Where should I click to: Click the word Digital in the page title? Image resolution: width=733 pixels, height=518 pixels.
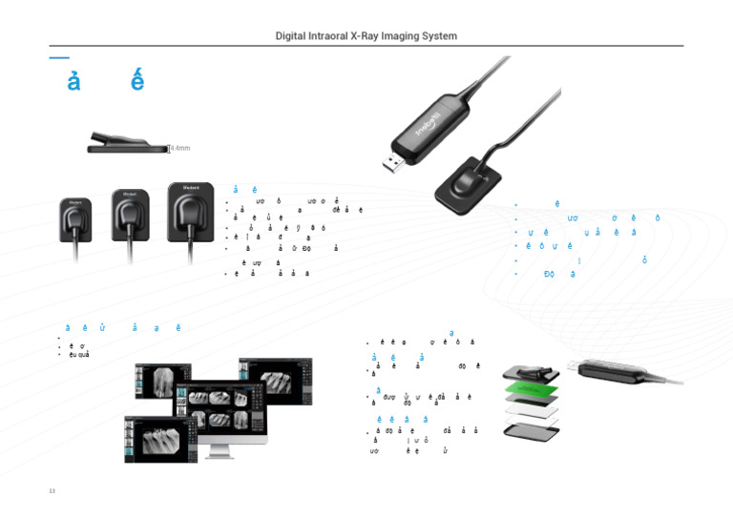295,36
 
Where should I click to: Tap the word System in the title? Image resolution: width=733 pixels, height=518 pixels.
436,36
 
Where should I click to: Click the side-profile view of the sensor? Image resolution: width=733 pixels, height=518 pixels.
126,144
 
